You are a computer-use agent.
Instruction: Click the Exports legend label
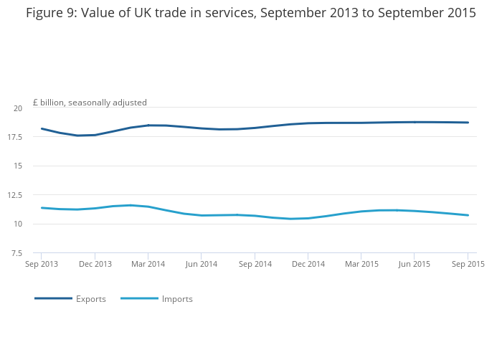click(91, 299)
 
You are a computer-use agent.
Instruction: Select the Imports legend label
click(177, 299)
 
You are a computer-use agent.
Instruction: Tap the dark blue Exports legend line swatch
click(53, 298)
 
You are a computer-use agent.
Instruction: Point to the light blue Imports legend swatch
click(139, 298)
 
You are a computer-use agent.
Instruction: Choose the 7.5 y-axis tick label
click(16, 253)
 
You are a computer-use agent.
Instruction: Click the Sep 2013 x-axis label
click(42, 265)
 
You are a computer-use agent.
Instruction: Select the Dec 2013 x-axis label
click(95, 265)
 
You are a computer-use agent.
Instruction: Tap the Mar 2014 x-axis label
click(148, 265)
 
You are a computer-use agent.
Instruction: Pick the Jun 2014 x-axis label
click(201, 265)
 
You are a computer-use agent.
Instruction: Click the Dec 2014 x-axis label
click(308, 265)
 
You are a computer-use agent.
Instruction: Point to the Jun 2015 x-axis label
click(414, 265)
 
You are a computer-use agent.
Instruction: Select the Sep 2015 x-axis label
click(468, 265)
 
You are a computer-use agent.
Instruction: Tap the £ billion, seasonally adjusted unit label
click(90, 103)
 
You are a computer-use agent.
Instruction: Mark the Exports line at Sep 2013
click(42, 129)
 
